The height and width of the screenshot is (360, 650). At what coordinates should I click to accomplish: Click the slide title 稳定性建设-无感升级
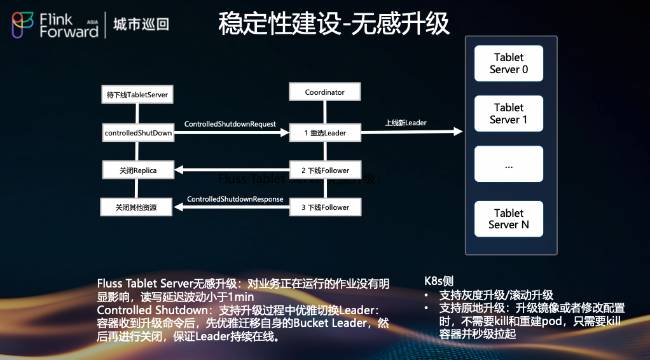333,24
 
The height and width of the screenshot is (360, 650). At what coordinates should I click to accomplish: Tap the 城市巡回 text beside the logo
141,25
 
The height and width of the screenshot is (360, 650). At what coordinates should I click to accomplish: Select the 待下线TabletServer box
137,95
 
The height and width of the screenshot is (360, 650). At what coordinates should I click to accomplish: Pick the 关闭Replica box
137,170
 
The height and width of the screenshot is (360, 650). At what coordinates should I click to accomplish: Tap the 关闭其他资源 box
136,207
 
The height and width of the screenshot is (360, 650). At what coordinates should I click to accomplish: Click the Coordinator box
324,92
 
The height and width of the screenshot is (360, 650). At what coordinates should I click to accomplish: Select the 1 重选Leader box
324,133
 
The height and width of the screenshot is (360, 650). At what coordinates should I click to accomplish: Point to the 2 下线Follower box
324,170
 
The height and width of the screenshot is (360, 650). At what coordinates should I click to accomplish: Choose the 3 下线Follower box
324,207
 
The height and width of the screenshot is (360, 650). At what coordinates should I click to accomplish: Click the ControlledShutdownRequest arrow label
230,124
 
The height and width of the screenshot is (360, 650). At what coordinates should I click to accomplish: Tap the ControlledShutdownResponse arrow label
235,199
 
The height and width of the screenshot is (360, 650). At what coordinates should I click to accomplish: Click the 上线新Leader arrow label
406,123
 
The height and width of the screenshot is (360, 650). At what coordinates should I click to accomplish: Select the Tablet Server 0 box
508,64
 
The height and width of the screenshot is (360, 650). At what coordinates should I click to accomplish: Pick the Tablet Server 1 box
508,114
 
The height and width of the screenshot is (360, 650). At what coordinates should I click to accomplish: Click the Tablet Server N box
508,219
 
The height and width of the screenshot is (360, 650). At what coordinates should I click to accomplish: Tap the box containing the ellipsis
508,165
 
